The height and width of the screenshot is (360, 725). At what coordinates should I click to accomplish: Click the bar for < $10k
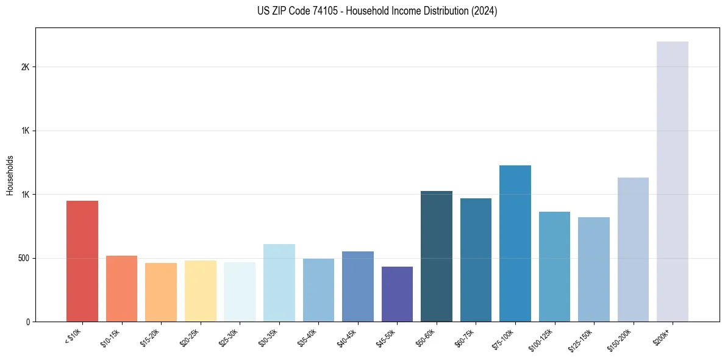pyautogui.click(x=82, y=261)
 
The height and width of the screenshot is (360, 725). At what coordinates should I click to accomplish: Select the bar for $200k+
pyautogui.click(x=672, y=181)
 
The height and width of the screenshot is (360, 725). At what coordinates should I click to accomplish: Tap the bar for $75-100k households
pyautogui.click(x=515, y=243)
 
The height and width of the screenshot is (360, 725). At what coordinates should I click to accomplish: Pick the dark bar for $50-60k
pyautogui.click(x=436, y=256)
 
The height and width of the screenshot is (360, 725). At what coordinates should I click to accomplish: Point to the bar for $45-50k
pyautogui.click(x=397, y=294)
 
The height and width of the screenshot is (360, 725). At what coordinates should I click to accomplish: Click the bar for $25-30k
pyautogui.click(x=240, y=292)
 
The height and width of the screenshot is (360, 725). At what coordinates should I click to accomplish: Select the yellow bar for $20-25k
pyautogui.click(x=200, y=291)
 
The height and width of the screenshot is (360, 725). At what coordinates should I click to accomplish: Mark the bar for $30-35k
pyautogui.click(x=279, y=283)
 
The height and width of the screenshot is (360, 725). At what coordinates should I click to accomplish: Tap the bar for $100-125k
pyautogui.click(x=554, y=267)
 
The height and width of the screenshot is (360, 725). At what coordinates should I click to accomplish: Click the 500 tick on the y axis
pyautogui.click(x=23, y=258)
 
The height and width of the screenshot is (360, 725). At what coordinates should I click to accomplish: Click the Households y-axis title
pyautogui.click(x=10, y=175)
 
